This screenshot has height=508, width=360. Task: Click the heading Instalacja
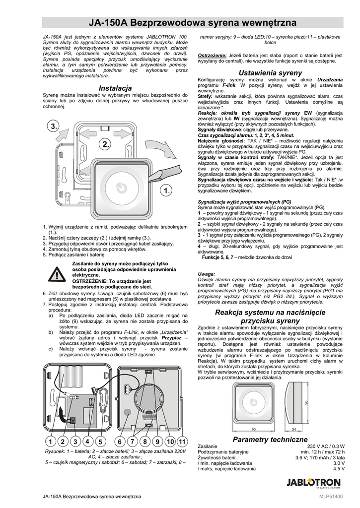(115, 88)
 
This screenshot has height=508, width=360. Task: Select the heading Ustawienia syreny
(270, 73)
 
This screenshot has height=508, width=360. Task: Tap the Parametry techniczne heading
(270, 440)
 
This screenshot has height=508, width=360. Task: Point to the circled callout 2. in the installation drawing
(105, 144)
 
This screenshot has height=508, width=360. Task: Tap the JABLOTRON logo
(314, 483)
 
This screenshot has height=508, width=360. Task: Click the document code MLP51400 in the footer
(331, 497)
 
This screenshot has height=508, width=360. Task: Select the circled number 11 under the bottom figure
(182, 442)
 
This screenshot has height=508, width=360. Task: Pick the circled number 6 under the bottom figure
(120, 442)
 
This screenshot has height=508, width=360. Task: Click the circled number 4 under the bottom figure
(87, 442)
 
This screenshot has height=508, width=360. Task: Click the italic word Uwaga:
(206, 274)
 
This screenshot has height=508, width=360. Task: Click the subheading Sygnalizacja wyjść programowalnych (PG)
(244, 202)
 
